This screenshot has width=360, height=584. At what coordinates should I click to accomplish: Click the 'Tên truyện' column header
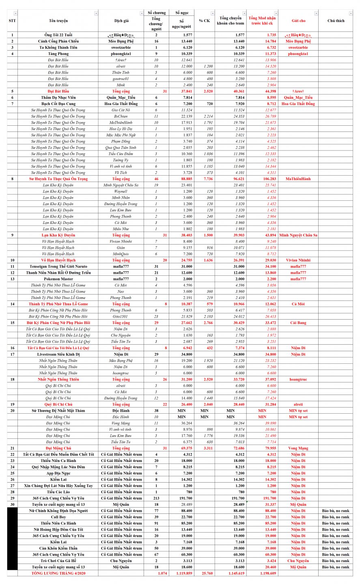[58, 21]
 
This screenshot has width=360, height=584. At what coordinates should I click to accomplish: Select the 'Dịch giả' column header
[121, 21]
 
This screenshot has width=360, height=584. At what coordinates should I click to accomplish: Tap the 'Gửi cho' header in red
[298, 21]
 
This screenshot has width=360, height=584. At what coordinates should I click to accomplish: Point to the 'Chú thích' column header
[336, 21]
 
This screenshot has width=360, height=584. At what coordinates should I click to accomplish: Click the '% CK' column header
[204, 21]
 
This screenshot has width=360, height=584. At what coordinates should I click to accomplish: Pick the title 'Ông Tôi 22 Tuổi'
[58, 35]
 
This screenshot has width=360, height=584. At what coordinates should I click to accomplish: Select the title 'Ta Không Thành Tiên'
[58, 47]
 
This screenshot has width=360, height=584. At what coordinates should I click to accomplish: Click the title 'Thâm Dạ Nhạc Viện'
[58, 97]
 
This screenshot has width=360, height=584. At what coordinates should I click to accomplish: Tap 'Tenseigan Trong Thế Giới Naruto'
[58, 266]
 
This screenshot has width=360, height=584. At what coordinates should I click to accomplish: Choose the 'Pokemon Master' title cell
[58, 279]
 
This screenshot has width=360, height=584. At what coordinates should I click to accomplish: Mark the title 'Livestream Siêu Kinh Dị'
[58, 354]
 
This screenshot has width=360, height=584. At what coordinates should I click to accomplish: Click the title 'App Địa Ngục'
[58, 473]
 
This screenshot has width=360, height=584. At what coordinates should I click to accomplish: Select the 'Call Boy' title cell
[58, 517]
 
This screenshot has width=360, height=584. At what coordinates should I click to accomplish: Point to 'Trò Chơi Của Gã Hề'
[58, 561]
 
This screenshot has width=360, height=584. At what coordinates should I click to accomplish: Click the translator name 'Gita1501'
[121, 316]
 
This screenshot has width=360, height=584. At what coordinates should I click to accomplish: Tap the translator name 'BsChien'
[121, 116]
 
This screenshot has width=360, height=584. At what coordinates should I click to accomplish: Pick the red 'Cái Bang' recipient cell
[298, 323]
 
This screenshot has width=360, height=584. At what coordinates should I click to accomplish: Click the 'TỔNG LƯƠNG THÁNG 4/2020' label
[58, 573]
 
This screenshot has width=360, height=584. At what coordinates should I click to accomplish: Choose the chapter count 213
[156, 498]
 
